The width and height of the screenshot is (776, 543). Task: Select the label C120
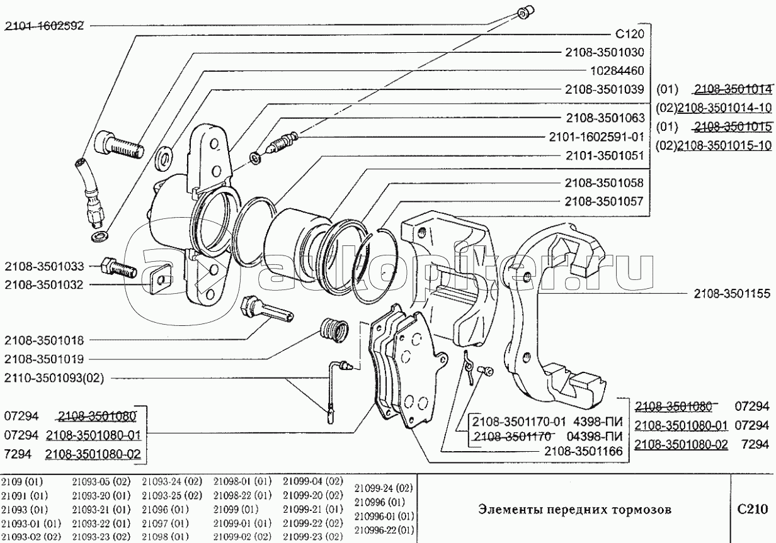[x=629, y=34]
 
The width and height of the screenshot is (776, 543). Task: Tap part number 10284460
[x=608, y=70]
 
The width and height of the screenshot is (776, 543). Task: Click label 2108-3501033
[x=43, y=267]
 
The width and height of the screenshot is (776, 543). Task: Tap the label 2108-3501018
[x=43, y=340]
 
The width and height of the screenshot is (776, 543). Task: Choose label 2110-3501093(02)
[x=54, y=378]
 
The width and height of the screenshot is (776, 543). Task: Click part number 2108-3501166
[x=584, y=451]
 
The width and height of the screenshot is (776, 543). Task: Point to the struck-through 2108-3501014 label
[x=733, y=89]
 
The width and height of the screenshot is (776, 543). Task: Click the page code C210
[x=753, y=510]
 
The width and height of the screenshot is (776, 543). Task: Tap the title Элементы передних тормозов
[x=574, y=510]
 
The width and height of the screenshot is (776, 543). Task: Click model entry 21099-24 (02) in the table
[x=383, y=488]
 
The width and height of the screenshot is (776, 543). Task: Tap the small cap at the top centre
[x=523, y=11]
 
